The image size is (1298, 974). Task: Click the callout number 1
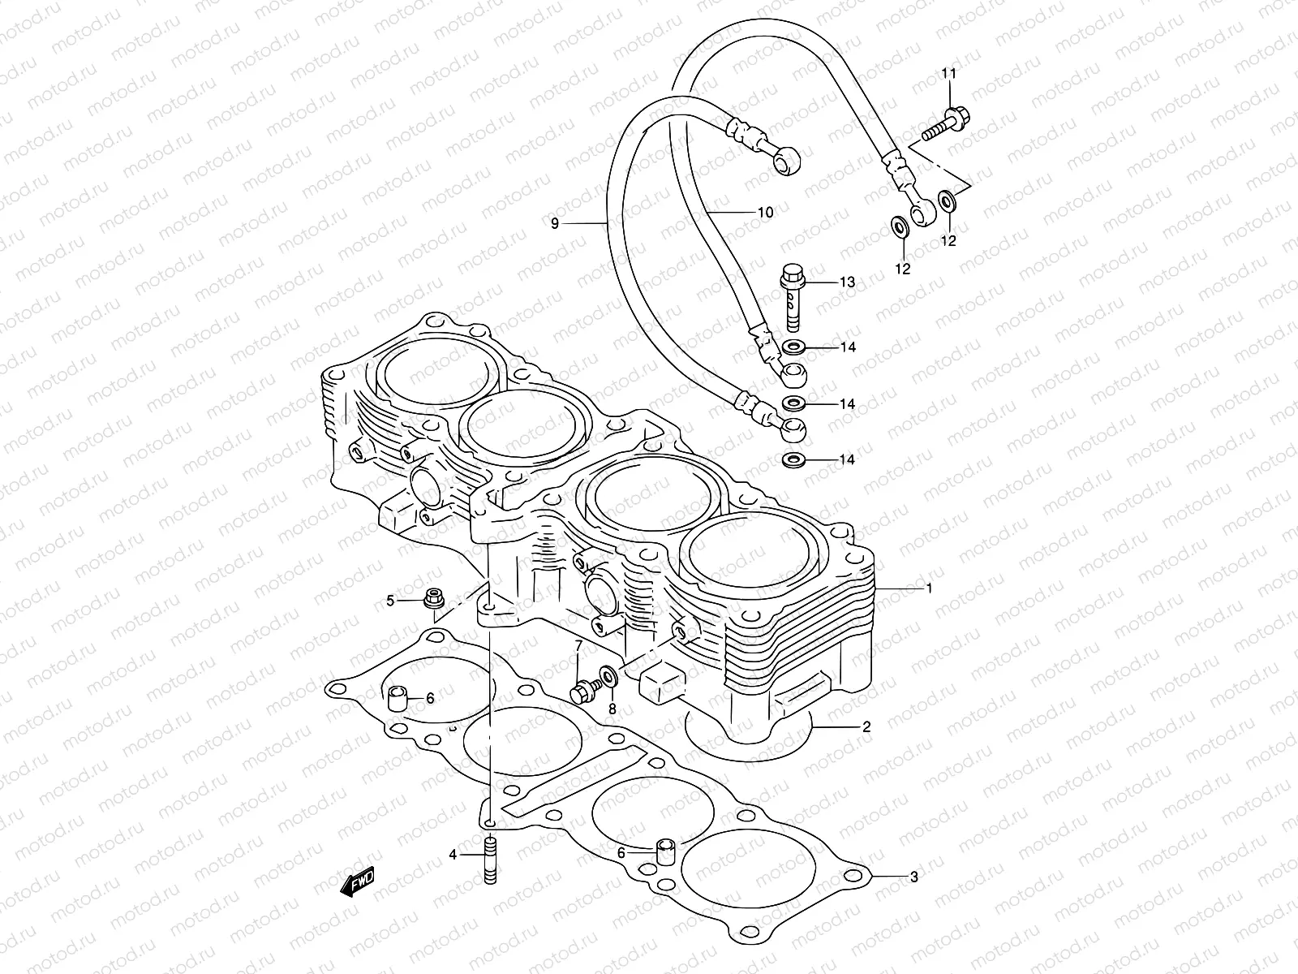click(929, 589)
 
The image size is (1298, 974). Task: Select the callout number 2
click(866, 727)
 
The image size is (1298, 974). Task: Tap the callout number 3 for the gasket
click(913, 877)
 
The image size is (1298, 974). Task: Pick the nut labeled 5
click(433, 600)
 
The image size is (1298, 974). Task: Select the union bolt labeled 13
click(792, 297)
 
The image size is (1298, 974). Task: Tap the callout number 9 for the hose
click(555, 223)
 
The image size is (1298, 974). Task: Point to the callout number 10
click(764, 213)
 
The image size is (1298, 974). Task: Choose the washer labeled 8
click(608, 674)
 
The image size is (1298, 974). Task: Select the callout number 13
click(847, 282)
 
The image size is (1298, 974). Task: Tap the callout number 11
click(949, 74)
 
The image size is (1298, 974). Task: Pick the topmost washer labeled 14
click(793, 348)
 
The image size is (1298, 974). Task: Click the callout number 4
click(453, 855)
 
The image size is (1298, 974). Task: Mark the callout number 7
click(578, 646)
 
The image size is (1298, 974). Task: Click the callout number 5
click(390, 601)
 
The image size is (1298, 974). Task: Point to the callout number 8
click(612, 709)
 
